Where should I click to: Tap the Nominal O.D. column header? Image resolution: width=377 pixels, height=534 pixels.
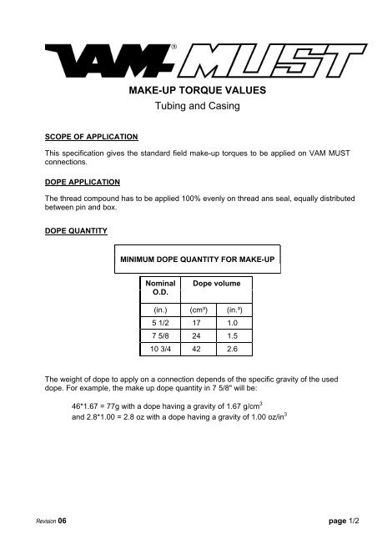coord(160,289)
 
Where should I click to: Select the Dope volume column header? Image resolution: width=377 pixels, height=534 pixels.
coord(216,284)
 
